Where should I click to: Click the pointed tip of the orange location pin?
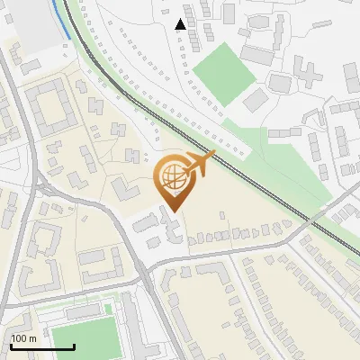173,211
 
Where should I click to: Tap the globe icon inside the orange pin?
173,180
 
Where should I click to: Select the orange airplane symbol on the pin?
200,164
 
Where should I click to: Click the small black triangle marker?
181,24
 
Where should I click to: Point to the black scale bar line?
41,346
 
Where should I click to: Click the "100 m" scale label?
24,338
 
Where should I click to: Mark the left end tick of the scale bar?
10,345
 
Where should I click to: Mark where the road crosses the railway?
313,219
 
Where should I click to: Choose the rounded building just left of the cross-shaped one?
281,82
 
